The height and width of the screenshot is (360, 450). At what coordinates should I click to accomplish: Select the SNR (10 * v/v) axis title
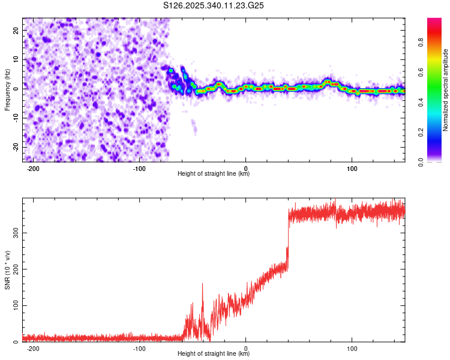(7, 270)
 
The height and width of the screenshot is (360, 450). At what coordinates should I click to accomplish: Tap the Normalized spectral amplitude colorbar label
(445, 90)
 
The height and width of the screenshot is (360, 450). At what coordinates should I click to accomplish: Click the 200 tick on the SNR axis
(14, 268)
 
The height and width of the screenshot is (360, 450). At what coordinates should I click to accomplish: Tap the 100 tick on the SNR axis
(14, 305)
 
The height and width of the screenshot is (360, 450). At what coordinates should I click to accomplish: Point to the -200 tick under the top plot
(34, 167)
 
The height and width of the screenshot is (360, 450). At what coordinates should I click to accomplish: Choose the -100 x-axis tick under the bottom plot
(140, 348)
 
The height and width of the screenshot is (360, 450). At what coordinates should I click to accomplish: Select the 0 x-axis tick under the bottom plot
(246, 348)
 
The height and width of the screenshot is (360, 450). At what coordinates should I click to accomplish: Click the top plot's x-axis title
(214, 174)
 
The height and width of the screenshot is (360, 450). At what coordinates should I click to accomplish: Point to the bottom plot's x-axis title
(214, 355)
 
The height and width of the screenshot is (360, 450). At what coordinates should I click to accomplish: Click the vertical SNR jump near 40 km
(288, 240)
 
